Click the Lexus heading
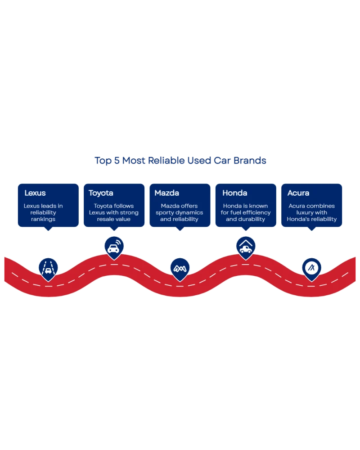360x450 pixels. [x=35, y=193]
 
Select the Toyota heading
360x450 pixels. [x=101, y=193]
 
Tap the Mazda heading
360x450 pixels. [x=166, y=193]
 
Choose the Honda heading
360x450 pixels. [x=234, y=193]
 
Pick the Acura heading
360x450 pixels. [x=298, y=193]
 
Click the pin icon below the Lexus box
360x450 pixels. [x=48, y=268]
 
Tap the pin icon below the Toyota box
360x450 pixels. [x=114, y=247]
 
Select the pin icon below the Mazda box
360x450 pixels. [x=180, y=268]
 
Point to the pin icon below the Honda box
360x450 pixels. [x=246, y=247]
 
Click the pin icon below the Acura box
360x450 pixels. [x=311, y=268]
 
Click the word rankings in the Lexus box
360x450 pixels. [x=43, y=219]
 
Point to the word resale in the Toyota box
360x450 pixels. [x=106, y=219]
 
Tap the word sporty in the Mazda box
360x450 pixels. [x=165, y=212]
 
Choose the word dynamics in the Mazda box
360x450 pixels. [x=189, y=212]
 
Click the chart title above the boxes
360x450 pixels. [x=180, y=161]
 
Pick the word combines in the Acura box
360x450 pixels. [x=320, y=206]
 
